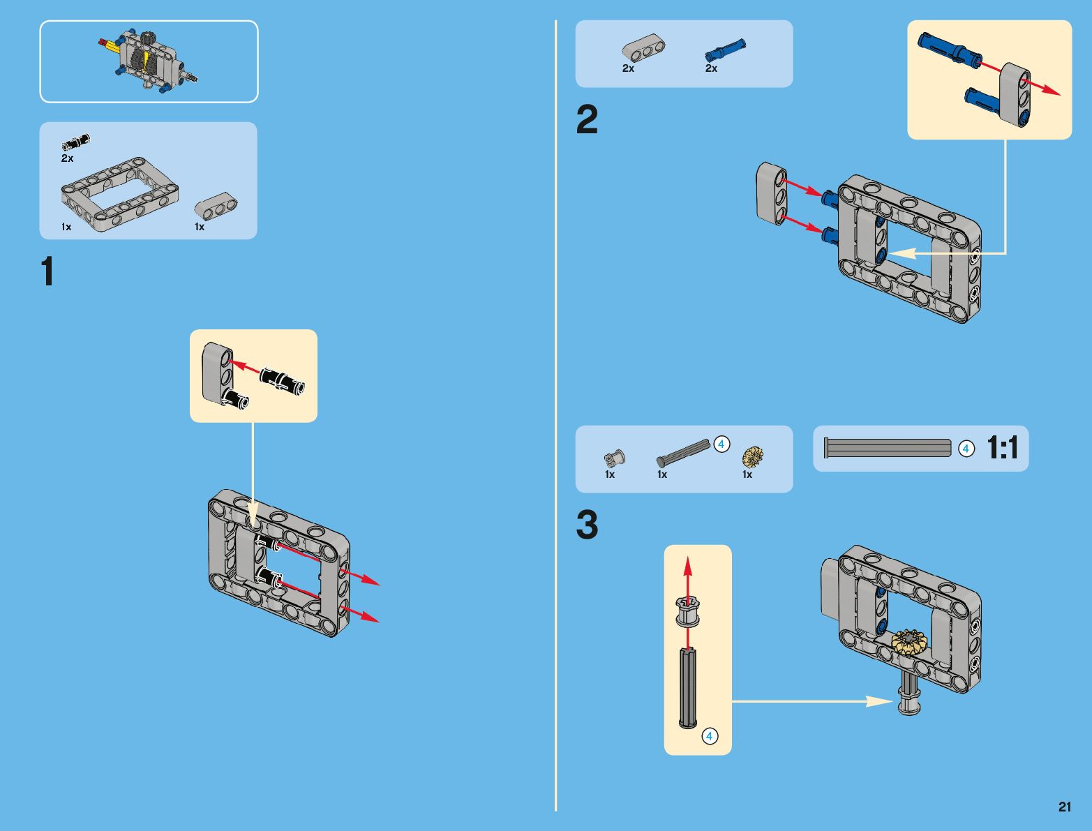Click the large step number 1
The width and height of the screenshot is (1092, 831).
47,271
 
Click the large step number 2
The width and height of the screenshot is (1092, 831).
587,120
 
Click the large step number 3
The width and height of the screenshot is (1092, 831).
587,525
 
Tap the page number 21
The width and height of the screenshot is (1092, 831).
1064,807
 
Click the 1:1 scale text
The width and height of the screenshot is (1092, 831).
1003,448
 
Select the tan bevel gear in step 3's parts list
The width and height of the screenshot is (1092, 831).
753,456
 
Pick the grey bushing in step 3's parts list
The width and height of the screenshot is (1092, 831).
615,458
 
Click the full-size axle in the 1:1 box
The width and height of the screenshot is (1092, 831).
887,448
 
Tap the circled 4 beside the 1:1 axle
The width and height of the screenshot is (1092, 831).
966,449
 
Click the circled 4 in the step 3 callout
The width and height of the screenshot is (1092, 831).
709,736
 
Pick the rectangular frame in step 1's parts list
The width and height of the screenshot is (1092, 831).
119,193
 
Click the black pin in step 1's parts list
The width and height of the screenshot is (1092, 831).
76,142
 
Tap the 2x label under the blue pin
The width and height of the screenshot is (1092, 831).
711,68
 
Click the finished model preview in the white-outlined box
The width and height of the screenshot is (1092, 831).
149,61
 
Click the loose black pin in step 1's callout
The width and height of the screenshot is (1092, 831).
282,381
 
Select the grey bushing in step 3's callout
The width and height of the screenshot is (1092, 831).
687,611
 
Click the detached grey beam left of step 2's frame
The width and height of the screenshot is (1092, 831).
772,193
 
